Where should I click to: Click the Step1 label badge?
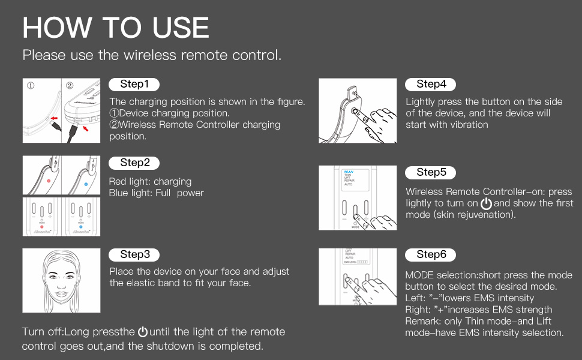click(x=134, y=85)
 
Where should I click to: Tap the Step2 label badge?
click(x=134, y=163)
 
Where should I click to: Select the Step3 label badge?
click(x=134, y=254)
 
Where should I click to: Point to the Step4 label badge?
click(x=431, y=85)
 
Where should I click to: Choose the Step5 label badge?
click(x=431, y=173)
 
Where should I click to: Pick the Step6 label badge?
click(x=431, y=254)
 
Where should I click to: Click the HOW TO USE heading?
click(x=116, y=28)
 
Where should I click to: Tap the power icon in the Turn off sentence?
click(x=142, y=332)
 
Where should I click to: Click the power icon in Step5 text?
click(x=486, y=203)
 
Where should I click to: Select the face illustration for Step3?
click(x=61, y=280)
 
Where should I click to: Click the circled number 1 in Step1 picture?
click(x=31, y=85)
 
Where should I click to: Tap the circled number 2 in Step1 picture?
click(x=70, y=85)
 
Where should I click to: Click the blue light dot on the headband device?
click(x=86, y=179)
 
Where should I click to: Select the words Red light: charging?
click(x=150, y=181)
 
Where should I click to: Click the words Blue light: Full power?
click(x=156, y=193)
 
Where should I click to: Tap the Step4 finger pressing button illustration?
click(x=358, y=110)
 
